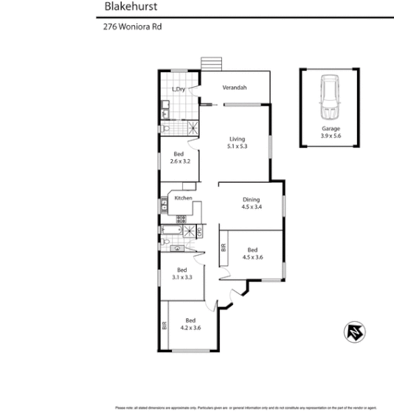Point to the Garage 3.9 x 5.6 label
point(330,132)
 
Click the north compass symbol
point(355,332)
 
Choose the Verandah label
point(235,88)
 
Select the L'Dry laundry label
point(179,90)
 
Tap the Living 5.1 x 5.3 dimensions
point(236,143)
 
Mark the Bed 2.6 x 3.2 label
point(180,158)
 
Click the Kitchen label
point(183,197)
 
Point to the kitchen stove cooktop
point(179,218)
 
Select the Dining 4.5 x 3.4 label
point(252,203)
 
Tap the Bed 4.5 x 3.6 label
point(252,253)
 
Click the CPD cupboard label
point(198,232)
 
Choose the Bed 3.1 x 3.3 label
point(182,274)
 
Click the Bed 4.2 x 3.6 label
point(191,323)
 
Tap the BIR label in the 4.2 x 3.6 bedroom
point(163,326)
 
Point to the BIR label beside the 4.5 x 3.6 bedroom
point(223,248)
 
